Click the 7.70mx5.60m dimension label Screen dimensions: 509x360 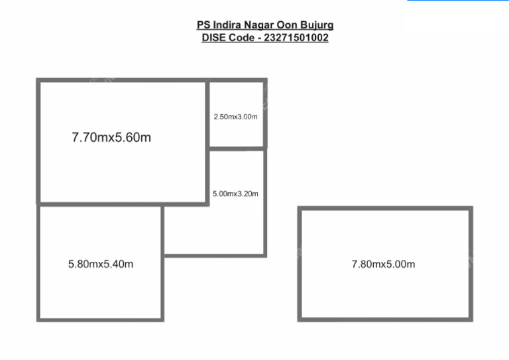coord(111,137)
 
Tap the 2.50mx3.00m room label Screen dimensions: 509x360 coord(236,117)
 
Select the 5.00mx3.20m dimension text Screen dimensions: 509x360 coord(235,194)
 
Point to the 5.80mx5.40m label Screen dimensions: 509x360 coord(101,264)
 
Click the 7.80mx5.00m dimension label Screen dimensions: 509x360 coord(383,264)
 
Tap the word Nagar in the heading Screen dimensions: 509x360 coord(259,25)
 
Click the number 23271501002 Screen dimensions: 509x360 coord(296,38)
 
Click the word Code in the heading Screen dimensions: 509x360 coord(242,38)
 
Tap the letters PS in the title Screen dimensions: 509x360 coord(203,25)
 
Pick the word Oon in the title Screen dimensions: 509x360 coord(287,25)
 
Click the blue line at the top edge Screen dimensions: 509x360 coord(458,0)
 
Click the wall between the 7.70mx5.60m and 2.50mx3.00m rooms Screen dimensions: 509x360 coord(207,142)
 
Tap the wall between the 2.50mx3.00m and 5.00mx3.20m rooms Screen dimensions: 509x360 coord(237,149)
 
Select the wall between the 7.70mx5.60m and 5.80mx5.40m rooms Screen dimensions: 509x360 coord(123,204)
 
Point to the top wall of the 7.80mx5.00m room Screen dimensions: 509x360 coord(385,208)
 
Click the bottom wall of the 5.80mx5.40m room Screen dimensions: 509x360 coord(100,320)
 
